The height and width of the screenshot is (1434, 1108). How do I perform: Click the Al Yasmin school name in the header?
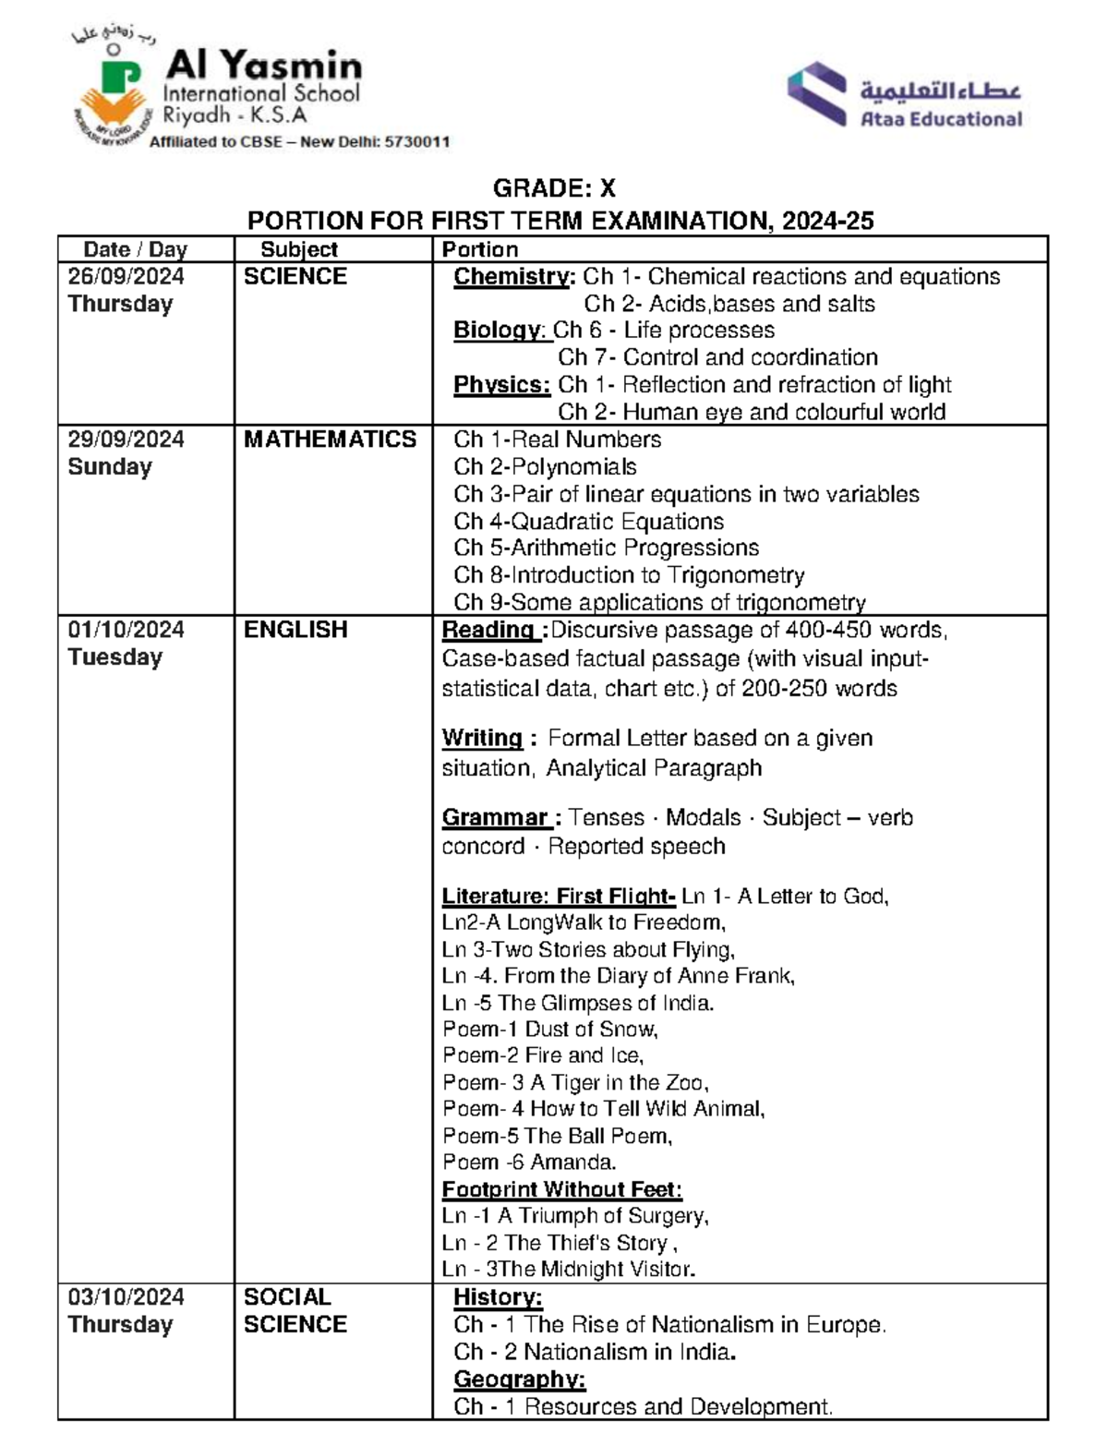pyautogui.click(x=263, y=66)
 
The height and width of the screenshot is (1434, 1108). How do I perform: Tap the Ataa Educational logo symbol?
pyautogui.click(x=817, y=93)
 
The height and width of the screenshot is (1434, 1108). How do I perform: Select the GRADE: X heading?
pyautogui.click(x=554, y=188)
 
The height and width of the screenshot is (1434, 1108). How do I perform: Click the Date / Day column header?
pyautogui.click(x=135, y=249)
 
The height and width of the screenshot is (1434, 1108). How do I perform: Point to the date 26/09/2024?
pyautogui.click(x=126, y=276)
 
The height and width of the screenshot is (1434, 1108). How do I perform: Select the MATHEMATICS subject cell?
pyautogui.click(x=330, y=440)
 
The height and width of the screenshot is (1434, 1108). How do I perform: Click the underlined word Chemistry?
pyautogui.click(x=513, y=277)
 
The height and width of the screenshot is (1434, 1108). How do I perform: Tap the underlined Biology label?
pyautogui.click(x=500, y=331)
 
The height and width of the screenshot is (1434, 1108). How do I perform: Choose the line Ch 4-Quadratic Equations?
pyautogui.click(x=588, y=521)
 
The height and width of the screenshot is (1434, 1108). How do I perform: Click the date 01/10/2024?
pyautogui.click(x=126, y=630)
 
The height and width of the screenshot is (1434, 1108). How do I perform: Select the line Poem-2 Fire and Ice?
pyautogui.click(x=542, y=1055)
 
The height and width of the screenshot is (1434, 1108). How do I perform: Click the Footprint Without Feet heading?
pyautogui.click(x=561, y=1189)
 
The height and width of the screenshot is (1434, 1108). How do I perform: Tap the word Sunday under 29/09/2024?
pyautogui.click(x=109, y=466)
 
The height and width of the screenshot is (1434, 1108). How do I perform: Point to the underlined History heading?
pyautogui.click(x=498, y=1297)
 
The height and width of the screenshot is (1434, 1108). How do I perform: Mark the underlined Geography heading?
pyautogui.click(x=519, y=1380)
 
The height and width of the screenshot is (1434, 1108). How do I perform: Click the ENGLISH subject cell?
pyautogui.click(x=295, y=630)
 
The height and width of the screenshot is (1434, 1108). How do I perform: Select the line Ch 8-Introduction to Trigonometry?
pyautogui.click(x=629, y=575)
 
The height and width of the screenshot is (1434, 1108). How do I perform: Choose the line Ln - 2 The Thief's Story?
pyautogui.click(x=559, y=1243)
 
